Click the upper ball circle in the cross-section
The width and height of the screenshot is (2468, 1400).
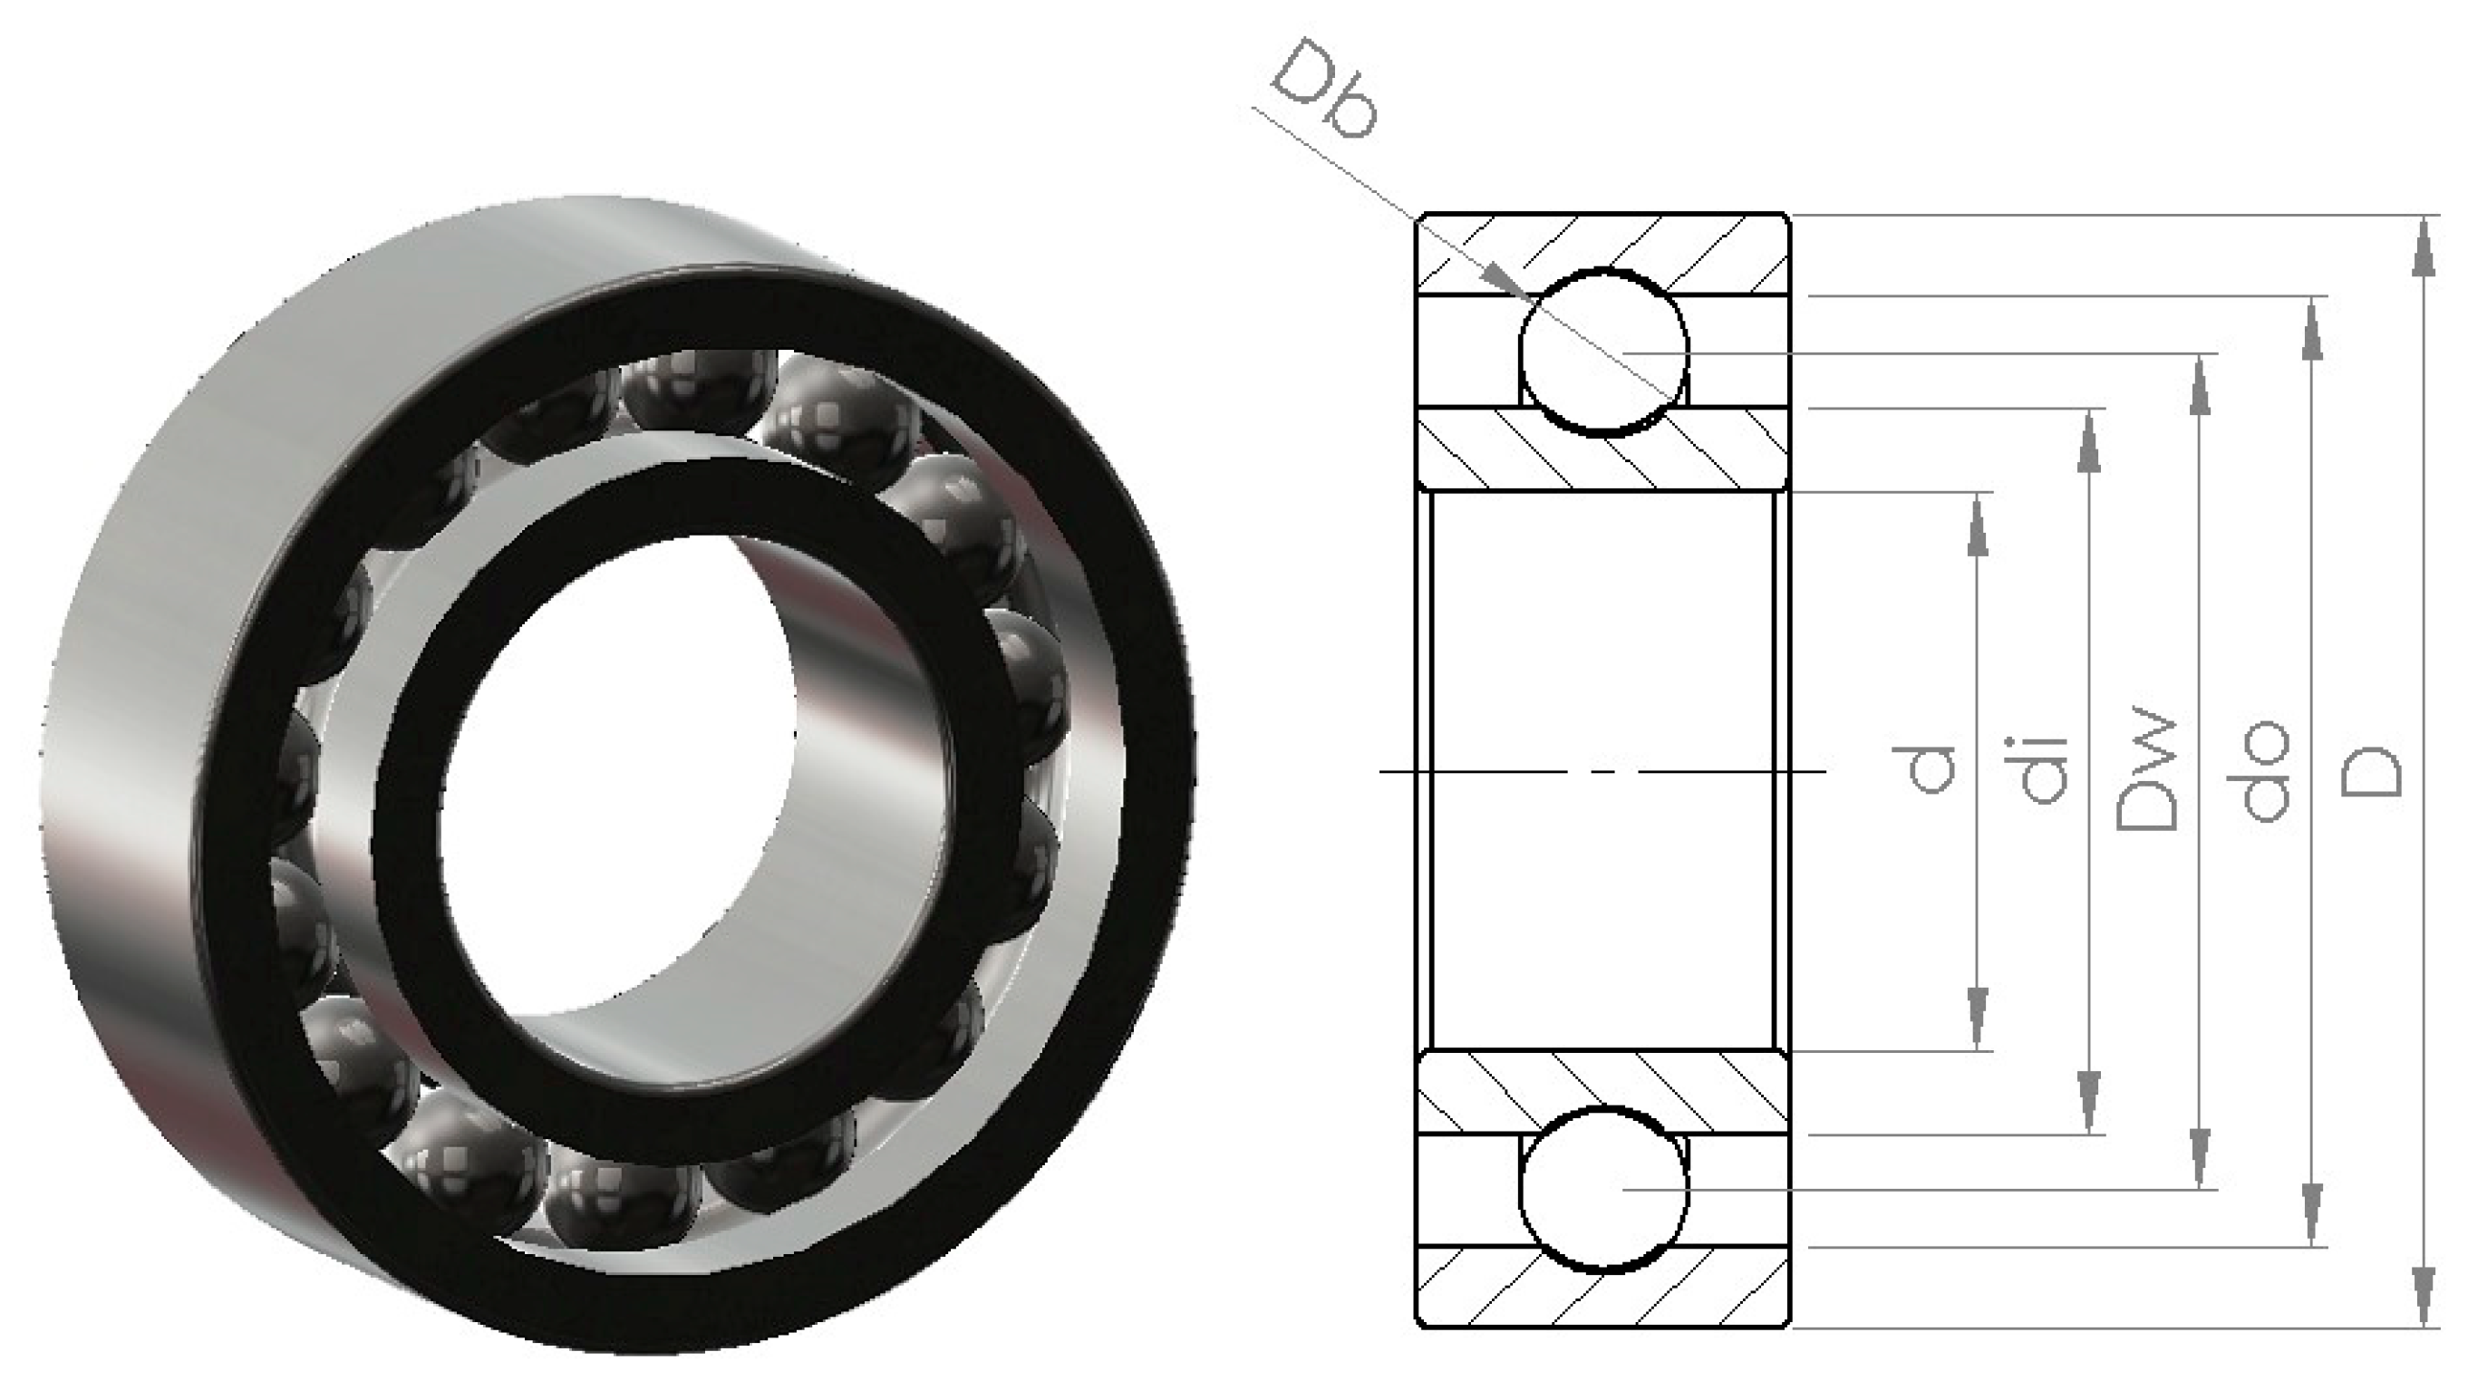(1602, 352)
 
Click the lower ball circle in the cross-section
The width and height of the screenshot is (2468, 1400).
(1602, 1190)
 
